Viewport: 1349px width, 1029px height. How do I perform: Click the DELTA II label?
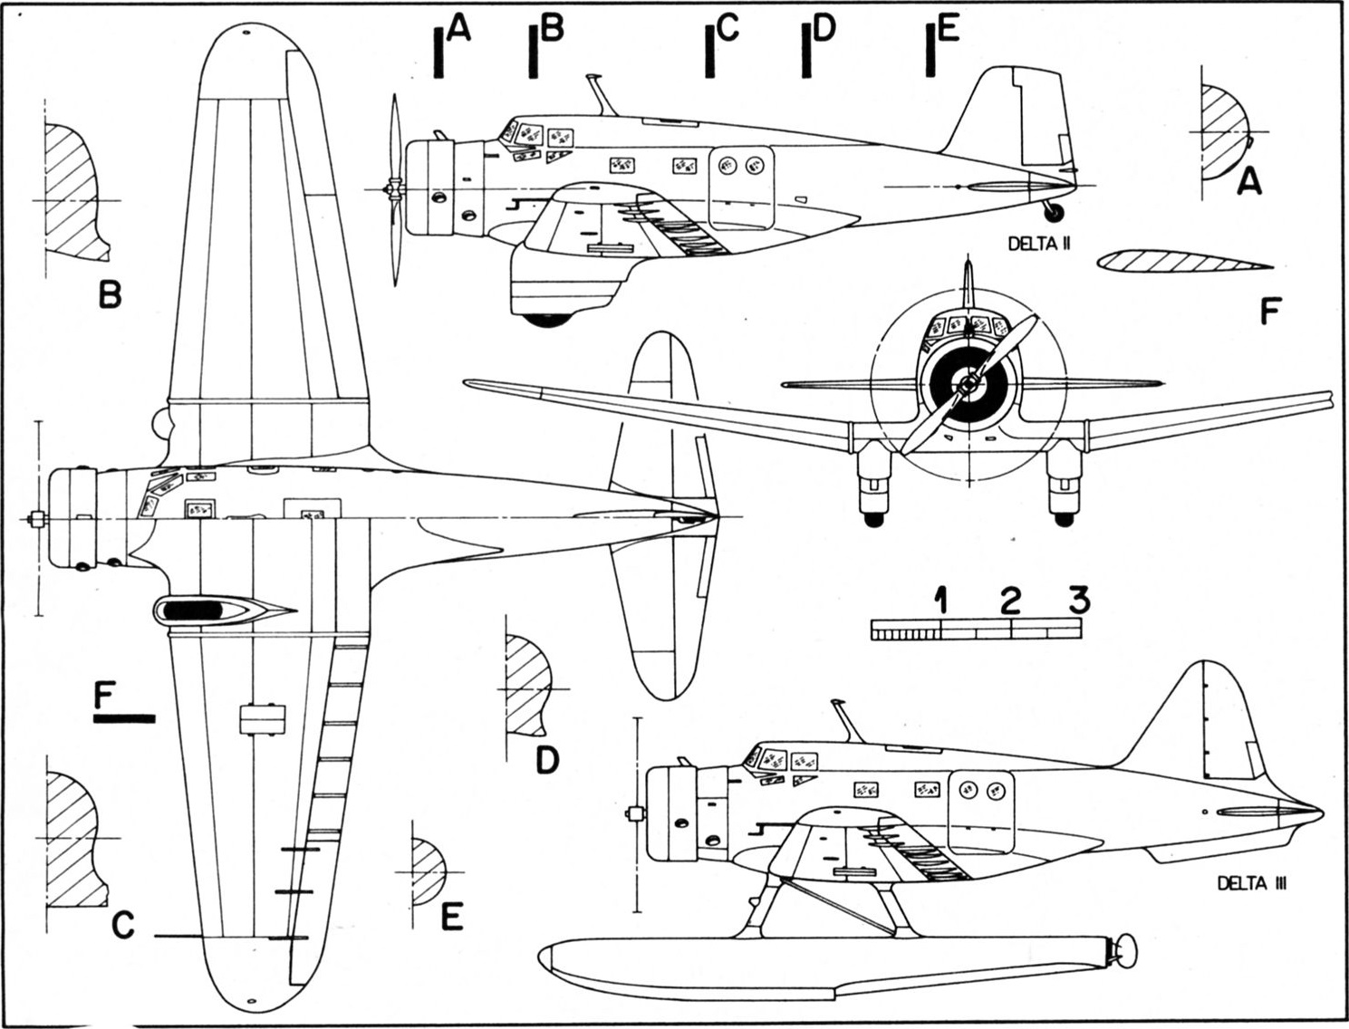(x=1039, y=245)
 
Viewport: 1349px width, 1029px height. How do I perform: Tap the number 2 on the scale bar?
(x=1010, y=601)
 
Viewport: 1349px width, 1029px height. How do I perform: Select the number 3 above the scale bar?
(x=1079, y=600)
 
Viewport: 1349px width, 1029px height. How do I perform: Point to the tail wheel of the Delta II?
(x=1055, y=213)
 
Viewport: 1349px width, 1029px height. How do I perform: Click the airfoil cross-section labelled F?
(x=1184, y=262)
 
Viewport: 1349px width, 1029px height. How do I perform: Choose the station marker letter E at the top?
(x=949, y=28)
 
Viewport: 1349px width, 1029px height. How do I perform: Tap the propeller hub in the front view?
(x=968, y=385)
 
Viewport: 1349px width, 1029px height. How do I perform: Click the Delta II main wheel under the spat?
(x=546, y=320)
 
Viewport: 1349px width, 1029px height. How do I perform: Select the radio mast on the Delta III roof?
(x=847, y=721)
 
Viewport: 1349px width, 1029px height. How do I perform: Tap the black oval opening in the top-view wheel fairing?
(x=193, y=610)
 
